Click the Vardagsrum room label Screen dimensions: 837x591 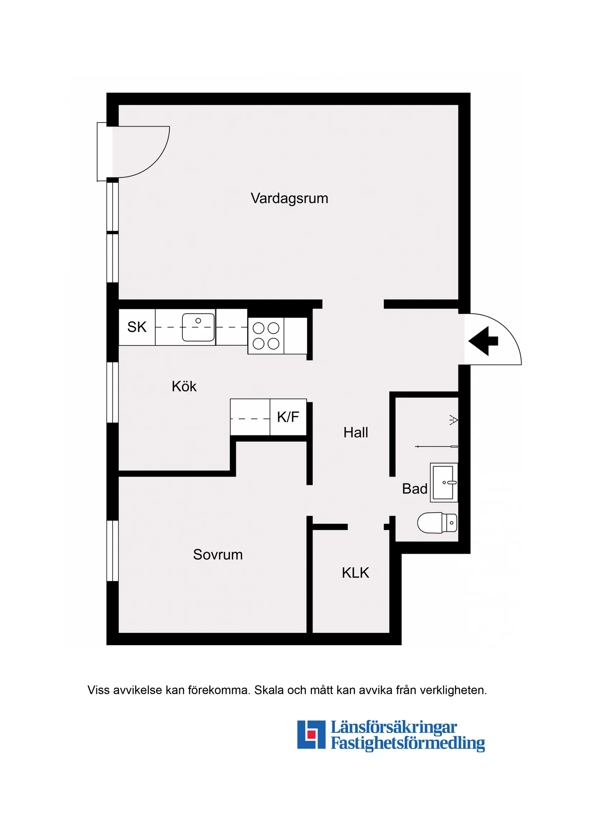[289, 199]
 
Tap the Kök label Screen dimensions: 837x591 [184, 387]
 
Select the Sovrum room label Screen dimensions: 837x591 [218, 554]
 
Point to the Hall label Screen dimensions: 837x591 [356, 433]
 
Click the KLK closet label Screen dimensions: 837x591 [355, 573]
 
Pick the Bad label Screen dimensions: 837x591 [414, 489]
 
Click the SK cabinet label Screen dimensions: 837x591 [137, 327]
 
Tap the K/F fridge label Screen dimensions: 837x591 [288, 417]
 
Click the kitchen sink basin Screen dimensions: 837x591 [198, 327]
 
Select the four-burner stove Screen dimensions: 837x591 [266, 336]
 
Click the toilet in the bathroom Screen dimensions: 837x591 [437, 523]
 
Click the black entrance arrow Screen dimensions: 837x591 [483, 341]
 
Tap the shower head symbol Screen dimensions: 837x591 [454, 420]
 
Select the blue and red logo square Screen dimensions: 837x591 [311, 734]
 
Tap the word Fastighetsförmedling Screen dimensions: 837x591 [408, 743]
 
